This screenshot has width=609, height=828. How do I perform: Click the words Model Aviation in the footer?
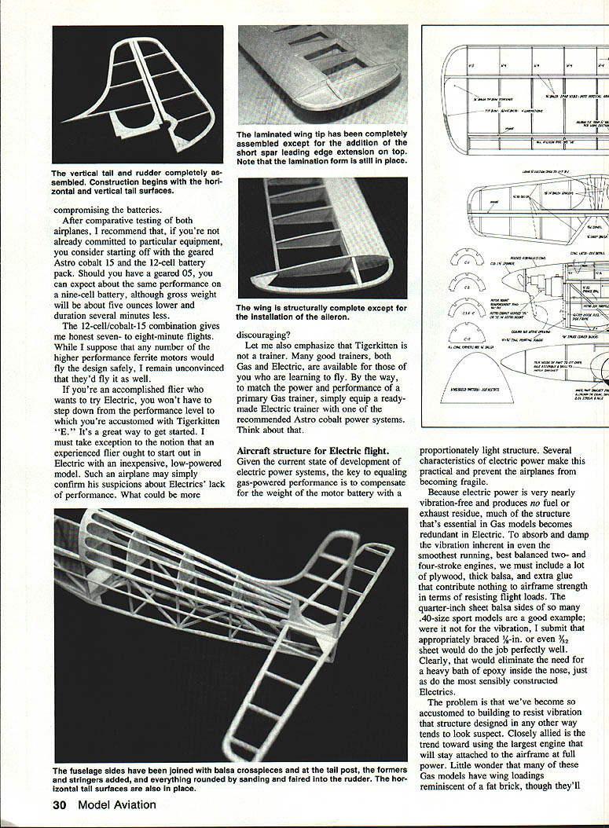116,804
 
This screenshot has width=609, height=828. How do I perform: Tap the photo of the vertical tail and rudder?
138,94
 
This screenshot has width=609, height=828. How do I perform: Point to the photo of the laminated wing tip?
322,75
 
